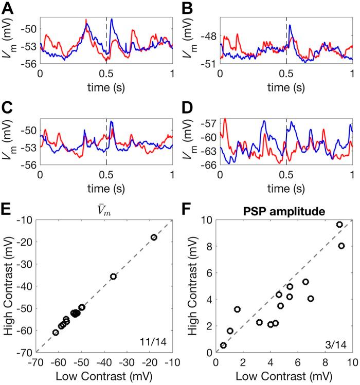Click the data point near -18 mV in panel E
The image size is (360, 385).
tap(153, 237)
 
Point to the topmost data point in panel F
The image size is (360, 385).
tap(339, 225)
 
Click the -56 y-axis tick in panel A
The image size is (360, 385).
tap(28, 63)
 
